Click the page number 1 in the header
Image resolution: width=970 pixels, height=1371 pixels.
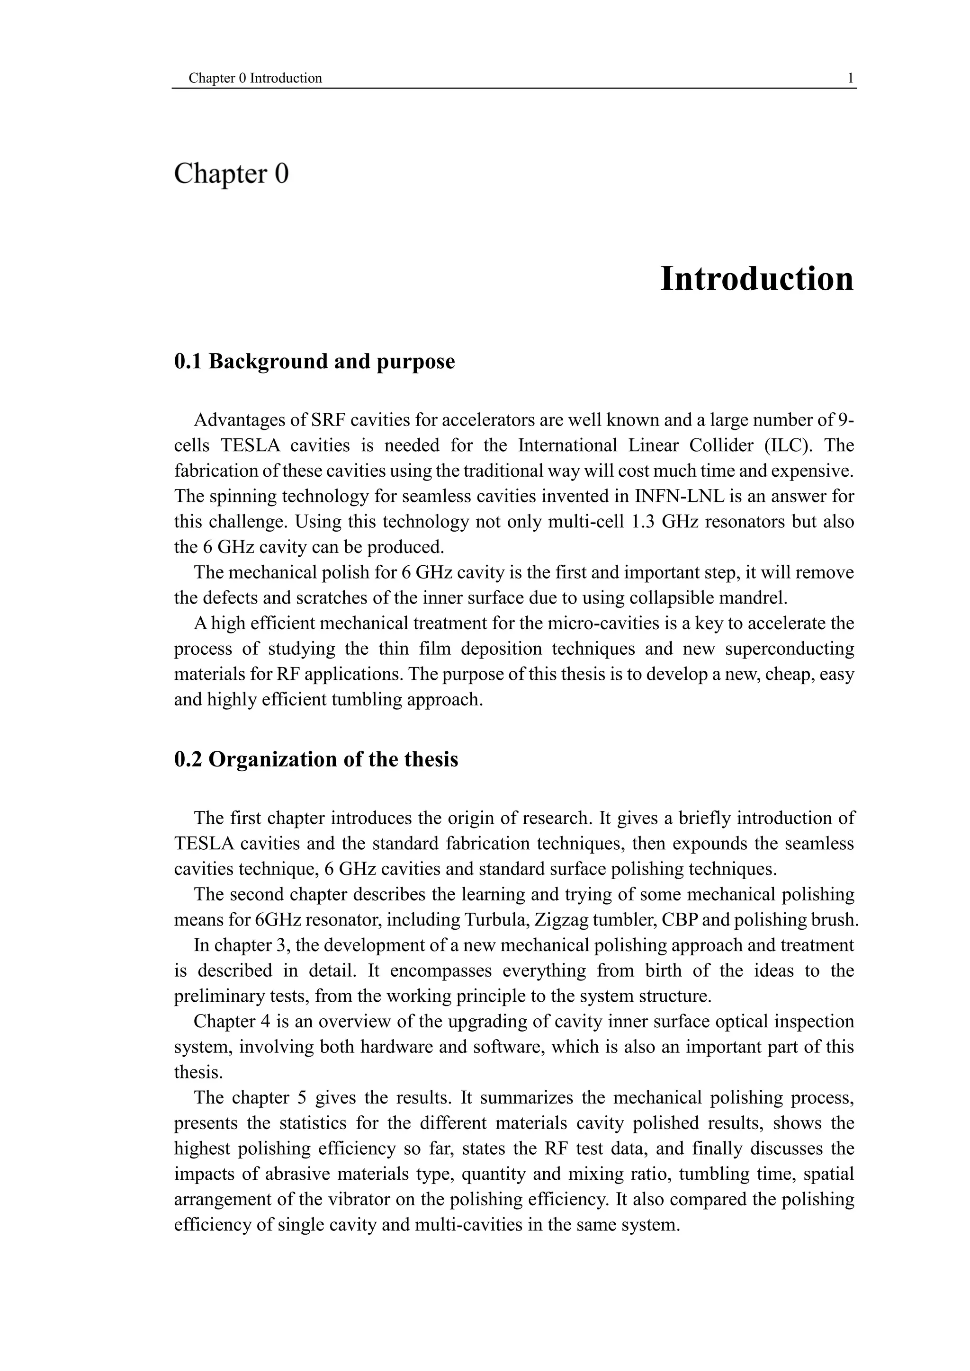coord(850,78)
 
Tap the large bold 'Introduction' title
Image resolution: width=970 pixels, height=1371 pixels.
coord(757,279)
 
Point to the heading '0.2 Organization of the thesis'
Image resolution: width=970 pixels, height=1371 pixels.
coord(316,759)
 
